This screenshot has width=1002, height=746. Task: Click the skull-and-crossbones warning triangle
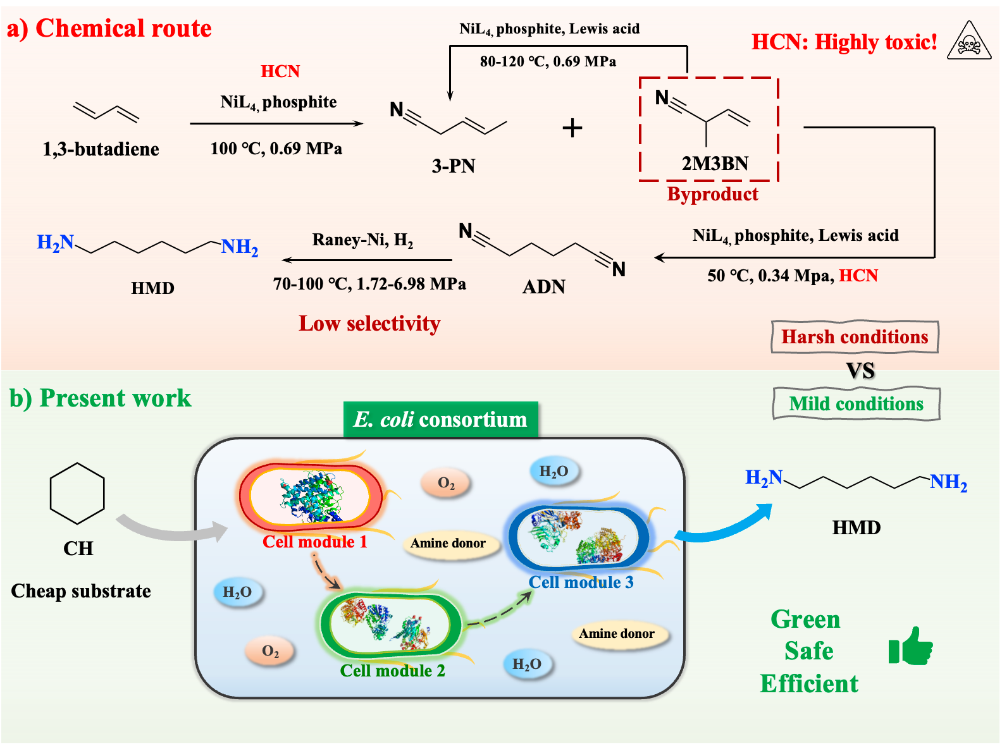tap(968, 42)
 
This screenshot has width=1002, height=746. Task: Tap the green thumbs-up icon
tap(911, 646)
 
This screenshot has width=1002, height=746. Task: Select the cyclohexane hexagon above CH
tap(77, 494)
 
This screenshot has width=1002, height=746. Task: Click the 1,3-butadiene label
tap(101, 149)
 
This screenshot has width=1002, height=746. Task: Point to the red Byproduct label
tap(712, 194)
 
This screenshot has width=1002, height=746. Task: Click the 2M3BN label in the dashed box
tap(715, 164)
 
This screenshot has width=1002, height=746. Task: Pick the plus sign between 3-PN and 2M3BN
tap(572, 128)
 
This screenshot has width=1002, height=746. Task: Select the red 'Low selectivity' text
tap(369, 324)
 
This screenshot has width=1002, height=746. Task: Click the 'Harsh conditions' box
tap(855, 337)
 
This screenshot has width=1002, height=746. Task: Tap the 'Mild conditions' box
tap(856, 404)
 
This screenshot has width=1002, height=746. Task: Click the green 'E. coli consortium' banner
tap(440, 420)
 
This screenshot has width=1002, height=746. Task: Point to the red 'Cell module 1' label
tap(314, 542)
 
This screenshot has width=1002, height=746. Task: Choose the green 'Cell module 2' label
tap(392, 671)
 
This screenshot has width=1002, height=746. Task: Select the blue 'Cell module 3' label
tap(581, 582)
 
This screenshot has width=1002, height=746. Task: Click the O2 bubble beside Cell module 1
tap(446, 484)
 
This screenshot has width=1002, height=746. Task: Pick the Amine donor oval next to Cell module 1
tap(448, 543)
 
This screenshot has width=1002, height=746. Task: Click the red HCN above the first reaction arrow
tap(280, 71)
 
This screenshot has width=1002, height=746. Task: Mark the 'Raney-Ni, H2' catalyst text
tap(362, 240)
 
